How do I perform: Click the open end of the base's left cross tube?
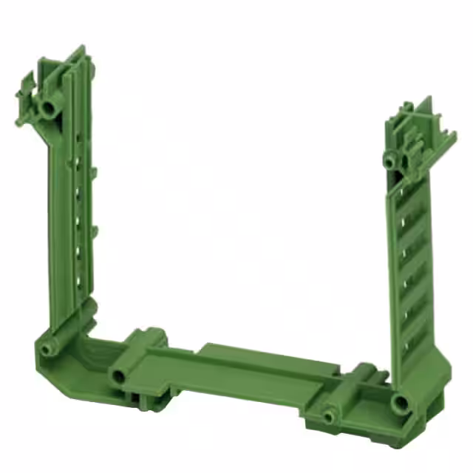point(117,377)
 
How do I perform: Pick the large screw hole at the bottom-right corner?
point(400,403)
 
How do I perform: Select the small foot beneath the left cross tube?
point(142,399)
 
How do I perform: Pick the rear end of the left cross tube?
point(152,337)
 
